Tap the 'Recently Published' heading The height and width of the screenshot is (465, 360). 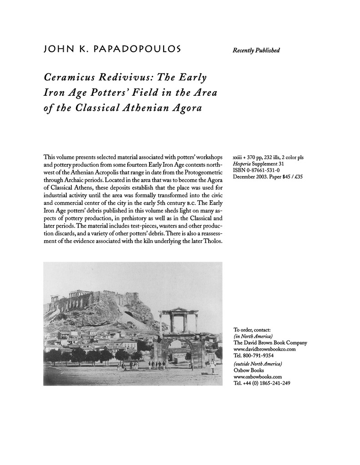pos(256,50)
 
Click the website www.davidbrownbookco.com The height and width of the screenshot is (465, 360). pos(264,349)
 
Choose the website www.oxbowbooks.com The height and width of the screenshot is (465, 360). pos(257,376)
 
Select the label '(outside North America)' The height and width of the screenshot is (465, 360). pos(257,364)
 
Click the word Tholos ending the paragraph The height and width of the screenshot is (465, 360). pos(211,241)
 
